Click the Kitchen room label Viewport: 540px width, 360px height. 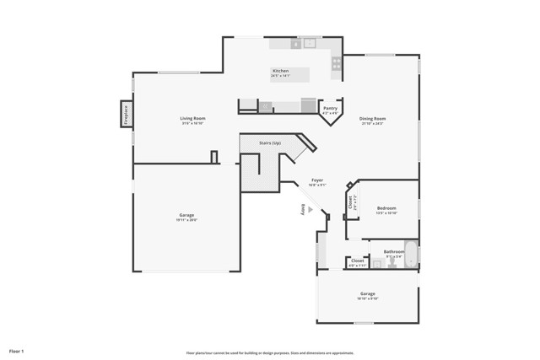coord(280,71)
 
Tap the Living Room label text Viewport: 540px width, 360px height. coord(192,119)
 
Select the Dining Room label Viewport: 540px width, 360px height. coord(373,119)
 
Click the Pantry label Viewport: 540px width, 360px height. coord(330,108)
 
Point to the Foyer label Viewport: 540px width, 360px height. coord(317,180)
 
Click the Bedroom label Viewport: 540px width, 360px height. coord(386,207)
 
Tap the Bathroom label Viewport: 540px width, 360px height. coord(394,251)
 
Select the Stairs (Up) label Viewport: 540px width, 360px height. coord(270,144)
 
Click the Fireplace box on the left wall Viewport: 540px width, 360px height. coord(127,114)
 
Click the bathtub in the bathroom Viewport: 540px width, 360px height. coord(410,254)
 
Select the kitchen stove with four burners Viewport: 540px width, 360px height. coord(337,62)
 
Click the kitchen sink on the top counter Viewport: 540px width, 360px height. coord(309,43)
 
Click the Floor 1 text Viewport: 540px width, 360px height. coord(17,350)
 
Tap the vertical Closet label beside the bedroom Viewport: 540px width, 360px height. coord(351,203)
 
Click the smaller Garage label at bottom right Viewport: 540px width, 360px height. coord(367,294)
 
